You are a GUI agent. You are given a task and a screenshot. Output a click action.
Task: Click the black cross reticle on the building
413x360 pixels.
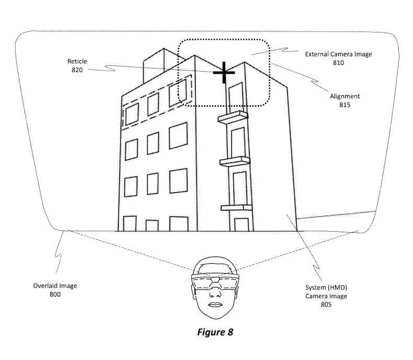click(224, 73)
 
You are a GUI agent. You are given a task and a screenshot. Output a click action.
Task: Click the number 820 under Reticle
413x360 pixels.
click(77, 70)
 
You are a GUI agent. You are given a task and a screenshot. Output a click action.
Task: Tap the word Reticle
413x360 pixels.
click(77, 61)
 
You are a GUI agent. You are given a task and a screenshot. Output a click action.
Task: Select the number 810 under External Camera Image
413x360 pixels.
click(338, 63)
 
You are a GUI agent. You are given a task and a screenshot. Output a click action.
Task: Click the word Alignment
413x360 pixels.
click(345, 96)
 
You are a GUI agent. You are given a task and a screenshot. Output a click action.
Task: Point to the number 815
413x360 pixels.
click(345, 105)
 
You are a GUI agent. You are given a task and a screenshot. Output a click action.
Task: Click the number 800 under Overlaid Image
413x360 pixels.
click(55, 295)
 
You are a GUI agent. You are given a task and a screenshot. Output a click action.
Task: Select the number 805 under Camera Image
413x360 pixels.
click(326, 305)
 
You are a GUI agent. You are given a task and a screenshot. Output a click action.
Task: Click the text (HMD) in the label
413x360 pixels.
click(338, 287)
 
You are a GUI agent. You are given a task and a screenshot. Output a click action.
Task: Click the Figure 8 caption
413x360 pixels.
click(215, 332)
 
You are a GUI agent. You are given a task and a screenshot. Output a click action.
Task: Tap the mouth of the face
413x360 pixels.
click(215, 305)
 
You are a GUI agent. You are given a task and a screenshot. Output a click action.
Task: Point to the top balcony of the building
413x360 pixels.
click(233, 117)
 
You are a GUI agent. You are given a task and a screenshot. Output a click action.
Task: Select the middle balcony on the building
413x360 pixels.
click(234, 162)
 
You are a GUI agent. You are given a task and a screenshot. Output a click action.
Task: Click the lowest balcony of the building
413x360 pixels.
click(236, 208)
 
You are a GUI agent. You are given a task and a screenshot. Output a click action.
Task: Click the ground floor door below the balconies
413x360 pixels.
click(242, 225)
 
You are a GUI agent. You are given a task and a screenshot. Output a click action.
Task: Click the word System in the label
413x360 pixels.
click(315, 287)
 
